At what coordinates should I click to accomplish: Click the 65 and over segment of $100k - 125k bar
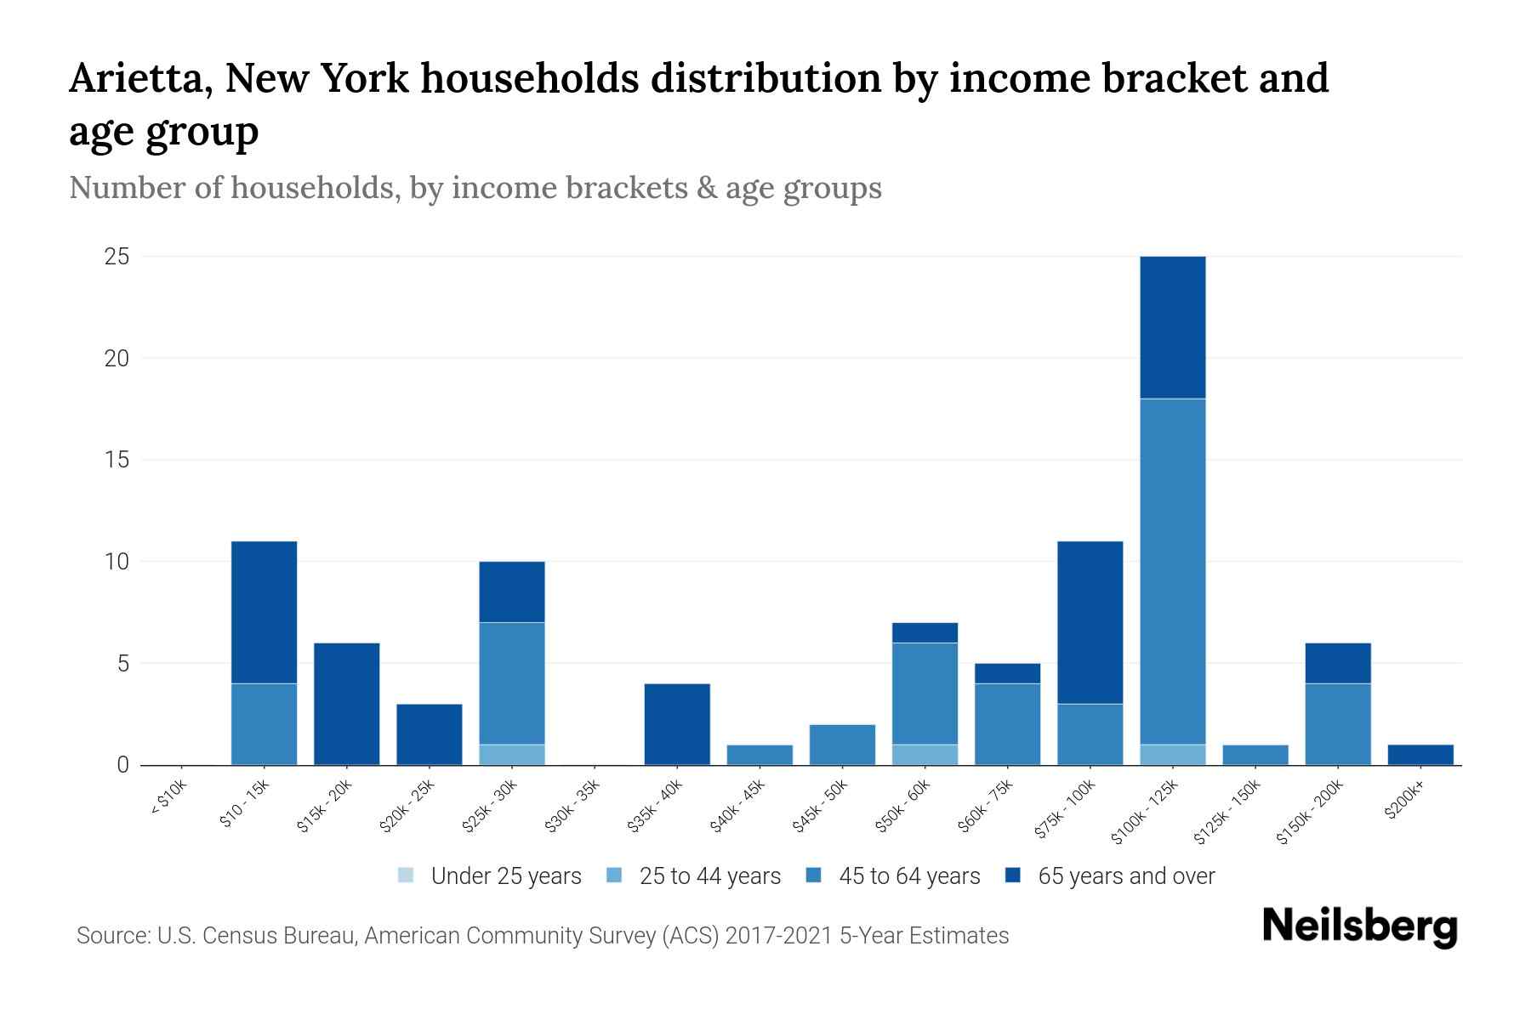tap(1172, 327)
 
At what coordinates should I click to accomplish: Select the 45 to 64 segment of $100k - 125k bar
tap(1172, 571)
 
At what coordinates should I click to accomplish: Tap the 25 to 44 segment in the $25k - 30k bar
tap(512, 755)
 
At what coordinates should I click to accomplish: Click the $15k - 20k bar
tap(347, 704)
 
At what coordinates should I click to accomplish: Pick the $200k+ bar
tap(1420, 755)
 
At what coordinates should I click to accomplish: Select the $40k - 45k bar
tap(760, 755)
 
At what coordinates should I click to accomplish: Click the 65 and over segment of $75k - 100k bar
tap(1090, 622)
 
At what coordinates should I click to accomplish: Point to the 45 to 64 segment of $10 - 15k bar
tap(265, 724)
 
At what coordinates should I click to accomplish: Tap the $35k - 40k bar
tap(677, 724)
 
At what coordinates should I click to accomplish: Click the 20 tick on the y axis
tap(117, 359)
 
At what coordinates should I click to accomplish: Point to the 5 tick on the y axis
tap(123, 663)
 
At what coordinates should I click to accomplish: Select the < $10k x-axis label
tap(168, 800)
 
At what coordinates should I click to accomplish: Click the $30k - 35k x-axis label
tap(572, 805)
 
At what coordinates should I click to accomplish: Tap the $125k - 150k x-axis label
tap(1227, 812)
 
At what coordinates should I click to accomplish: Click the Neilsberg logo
tap(1359, 926)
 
